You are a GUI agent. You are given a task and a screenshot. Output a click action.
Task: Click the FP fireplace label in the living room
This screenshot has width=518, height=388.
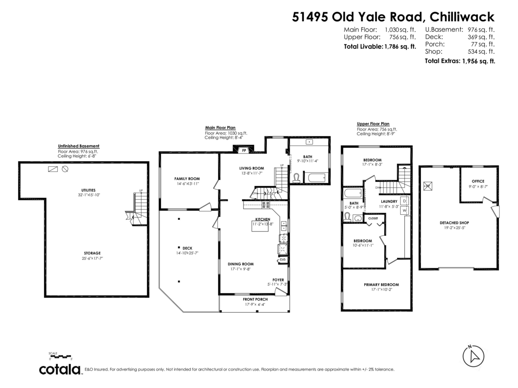tap(244, 150)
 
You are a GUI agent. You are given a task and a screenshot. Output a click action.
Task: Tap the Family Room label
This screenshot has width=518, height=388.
tap(187, 178)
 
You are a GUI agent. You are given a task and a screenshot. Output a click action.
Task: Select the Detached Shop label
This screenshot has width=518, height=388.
tap(454, 223)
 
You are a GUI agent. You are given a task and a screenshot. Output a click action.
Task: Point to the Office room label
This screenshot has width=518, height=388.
tap(478, 181)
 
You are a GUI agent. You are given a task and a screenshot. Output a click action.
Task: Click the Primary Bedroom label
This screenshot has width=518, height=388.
tap(381, 285)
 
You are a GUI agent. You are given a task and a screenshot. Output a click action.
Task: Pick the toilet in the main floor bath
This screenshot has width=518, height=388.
tap(297, 178)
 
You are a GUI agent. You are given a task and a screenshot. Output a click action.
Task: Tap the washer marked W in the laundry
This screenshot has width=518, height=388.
tap(404, 211)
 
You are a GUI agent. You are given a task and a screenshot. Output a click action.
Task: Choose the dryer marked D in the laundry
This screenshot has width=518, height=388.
tap(404, 201)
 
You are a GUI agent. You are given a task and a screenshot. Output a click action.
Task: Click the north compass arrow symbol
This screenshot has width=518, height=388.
tap(474, 356)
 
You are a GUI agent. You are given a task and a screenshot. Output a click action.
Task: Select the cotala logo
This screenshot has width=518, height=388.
tap(60, 369)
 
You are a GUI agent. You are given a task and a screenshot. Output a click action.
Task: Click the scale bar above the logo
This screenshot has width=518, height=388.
tap(60, 357)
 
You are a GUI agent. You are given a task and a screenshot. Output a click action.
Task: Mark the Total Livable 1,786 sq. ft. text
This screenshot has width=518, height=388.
tap(379, 47)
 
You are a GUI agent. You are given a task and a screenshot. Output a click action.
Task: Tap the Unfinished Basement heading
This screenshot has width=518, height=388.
tap(79, 146)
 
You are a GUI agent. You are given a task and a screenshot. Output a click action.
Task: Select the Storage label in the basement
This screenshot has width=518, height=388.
tap(92, 253)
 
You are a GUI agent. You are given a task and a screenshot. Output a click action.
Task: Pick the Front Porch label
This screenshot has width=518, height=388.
tap(256, 299)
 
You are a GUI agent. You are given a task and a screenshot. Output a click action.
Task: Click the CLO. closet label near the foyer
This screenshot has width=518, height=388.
tap(282, 260)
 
